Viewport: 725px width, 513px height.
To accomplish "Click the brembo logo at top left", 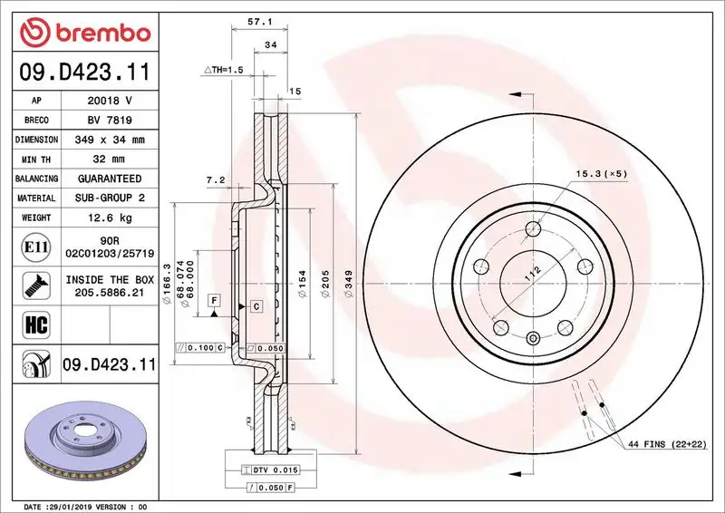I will [82, 34].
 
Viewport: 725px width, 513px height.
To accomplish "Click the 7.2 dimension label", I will [216, 180].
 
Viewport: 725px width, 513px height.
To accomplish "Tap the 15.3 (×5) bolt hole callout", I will [600, 173].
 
